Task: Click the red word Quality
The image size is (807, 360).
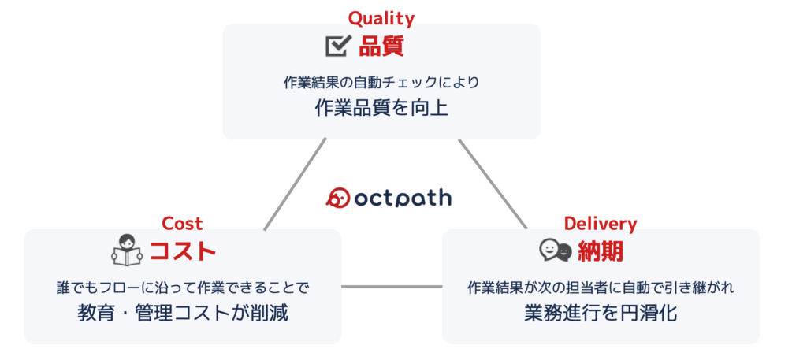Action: pos(381,19)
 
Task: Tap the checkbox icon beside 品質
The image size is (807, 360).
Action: pos(339,46)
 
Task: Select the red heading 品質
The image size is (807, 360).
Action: pos(381,46)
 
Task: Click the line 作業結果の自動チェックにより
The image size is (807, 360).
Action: pos(381,83)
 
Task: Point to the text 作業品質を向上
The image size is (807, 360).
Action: pos(381,108)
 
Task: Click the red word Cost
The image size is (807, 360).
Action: pos(182,223)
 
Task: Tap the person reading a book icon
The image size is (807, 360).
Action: pos(127,250)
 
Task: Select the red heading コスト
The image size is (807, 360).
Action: pos(182,251)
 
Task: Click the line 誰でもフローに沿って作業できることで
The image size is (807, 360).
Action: pos(183,288)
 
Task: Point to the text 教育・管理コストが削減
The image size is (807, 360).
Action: pos(183,314)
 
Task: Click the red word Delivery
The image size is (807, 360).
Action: pos(601,224)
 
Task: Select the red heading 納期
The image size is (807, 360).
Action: pos(601,251)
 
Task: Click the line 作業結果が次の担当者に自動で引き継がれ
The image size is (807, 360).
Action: pos(601,288)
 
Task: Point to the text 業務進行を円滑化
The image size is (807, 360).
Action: pos(601,314)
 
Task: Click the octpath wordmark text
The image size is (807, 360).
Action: pos(403,198)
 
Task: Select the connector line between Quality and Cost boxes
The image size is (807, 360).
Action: pos(295,184)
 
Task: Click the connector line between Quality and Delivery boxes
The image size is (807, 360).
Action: pos(493,184)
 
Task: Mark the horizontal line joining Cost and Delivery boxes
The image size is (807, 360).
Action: pos(392,287)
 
